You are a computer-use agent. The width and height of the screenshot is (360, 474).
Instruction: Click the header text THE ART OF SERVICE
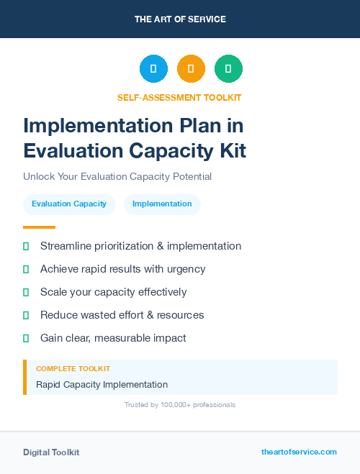click(180, 19)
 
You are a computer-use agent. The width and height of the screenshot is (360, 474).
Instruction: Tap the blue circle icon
click(153, 69)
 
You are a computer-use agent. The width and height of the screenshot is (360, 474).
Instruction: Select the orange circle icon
click(191, 69)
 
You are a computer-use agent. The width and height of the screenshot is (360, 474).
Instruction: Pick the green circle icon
click(228, 69)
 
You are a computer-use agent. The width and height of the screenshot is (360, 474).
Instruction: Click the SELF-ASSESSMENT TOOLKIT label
click(179, 97)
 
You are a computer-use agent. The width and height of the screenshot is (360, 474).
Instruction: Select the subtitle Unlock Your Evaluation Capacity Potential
click(117, 176)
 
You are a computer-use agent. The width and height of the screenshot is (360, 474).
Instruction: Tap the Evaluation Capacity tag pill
click(69, 204)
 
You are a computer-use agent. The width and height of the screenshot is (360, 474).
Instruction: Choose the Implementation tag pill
click(162, 204)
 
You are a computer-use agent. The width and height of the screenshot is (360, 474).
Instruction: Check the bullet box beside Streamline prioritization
click(26, 246)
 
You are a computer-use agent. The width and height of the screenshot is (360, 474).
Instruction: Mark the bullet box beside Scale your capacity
click(26, 292)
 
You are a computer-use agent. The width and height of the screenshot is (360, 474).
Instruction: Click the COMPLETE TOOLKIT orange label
click(73, 368)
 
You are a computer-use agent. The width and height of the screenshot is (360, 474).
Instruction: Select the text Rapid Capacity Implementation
click(102, 384)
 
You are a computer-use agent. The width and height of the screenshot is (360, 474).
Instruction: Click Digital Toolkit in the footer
click(51, 452)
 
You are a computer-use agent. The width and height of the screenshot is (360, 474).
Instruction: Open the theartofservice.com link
click(299, 452)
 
